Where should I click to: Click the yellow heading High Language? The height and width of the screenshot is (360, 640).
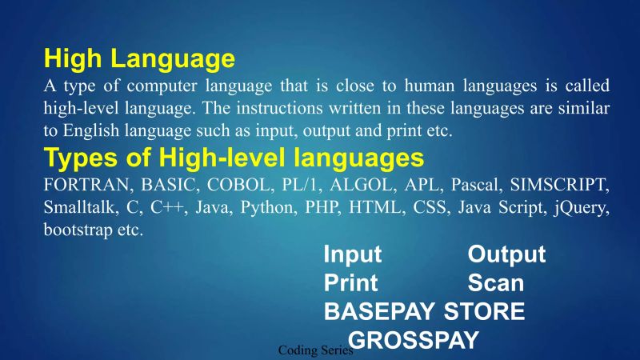(x=139, y=58)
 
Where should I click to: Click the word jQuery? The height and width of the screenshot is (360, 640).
(x=583, y=207)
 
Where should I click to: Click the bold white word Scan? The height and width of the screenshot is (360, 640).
(x=495, y=283)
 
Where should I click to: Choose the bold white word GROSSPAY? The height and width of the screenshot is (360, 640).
(x=414, y=340)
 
